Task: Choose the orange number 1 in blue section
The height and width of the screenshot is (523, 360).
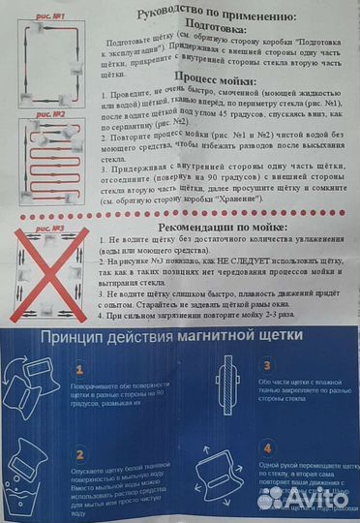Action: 80,368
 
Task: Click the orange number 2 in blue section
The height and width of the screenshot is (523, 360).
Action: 80,452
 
